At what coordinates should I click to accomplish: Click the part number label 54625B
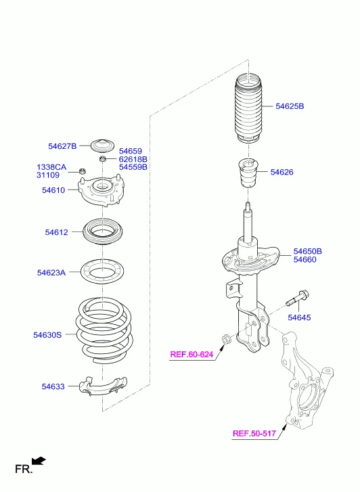tap(290, 106)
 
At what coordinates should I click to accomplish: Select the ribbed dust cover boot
tap(248, 109)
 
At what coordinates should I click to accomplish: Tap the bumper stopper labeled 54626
tap(248, 173)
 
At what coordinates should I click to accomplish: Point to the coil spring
tap(104, 331)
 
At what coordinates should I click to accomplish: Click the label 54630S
tap(47, 335)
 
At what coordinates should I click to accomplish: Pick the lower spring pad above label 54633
tap(104, 386)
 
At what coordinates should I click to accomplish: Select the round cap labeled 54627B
tap(102, 146)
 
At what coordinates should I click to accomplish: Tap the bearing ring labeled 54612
tap(102, 233)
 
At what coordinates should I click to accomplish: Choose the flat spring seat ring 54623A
tap(102, 272)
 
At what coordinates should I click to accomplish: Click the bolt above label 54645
tap(297, 298)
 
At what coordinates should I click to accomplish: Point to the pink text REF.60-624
tap(192, 355)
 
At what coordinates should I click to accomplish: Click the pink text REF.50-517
tap(254, 434)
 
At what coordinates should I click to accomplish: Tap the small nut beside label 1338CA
tap(83, 172)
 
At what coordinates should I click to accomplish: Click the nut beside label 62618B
tap(102, 158)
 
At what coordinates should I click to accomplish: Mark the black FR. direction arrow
tap(39, 461)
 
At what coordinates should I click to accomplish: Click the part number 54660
tap(305, 259)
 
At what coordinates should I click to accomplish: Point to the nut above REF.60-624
tap(225, 339)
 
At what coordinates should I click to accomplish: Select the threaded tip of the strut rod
tap(248, 206)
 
